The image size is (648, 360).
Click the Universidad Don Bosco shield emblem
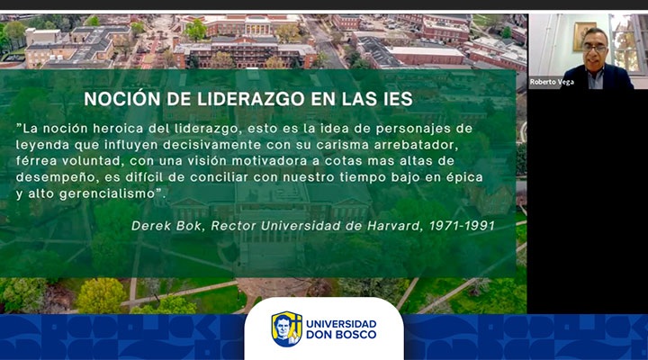[286, 329]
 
